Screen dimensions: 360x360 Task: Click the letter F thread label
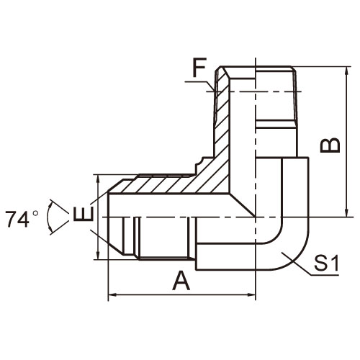click(x=199, y=68)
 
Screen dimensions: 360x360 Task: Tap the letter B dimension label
click(x=330, y=145)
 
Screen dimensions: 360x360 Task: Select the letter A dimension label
click(x=181, y=281)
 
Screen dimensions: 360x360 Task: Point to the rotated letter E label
click(x=83, y=213)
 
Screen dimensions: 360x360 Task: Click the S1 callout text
click(x=326, y=263)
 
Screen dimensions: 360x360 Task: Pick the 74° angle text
click(x=22, y=219)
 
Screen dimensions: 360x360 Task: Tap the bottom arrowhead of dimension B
click(x=346, y=212)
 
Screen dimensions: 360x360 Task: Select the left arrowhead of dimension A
click(x=113, y=294)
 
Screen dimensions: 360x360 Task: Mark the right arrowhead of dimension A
click(x=251, y=294)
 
